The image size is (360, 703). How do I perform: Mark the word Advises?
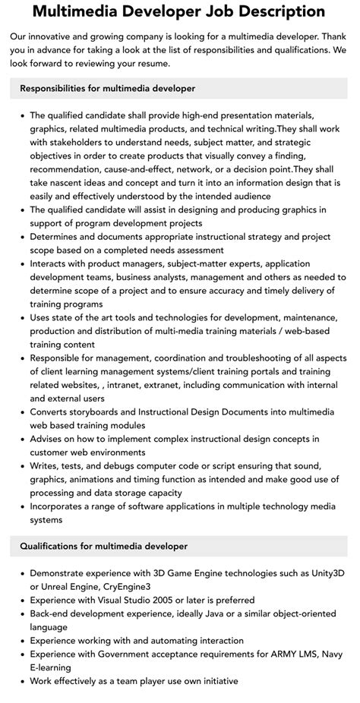[x=49, y=439]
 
